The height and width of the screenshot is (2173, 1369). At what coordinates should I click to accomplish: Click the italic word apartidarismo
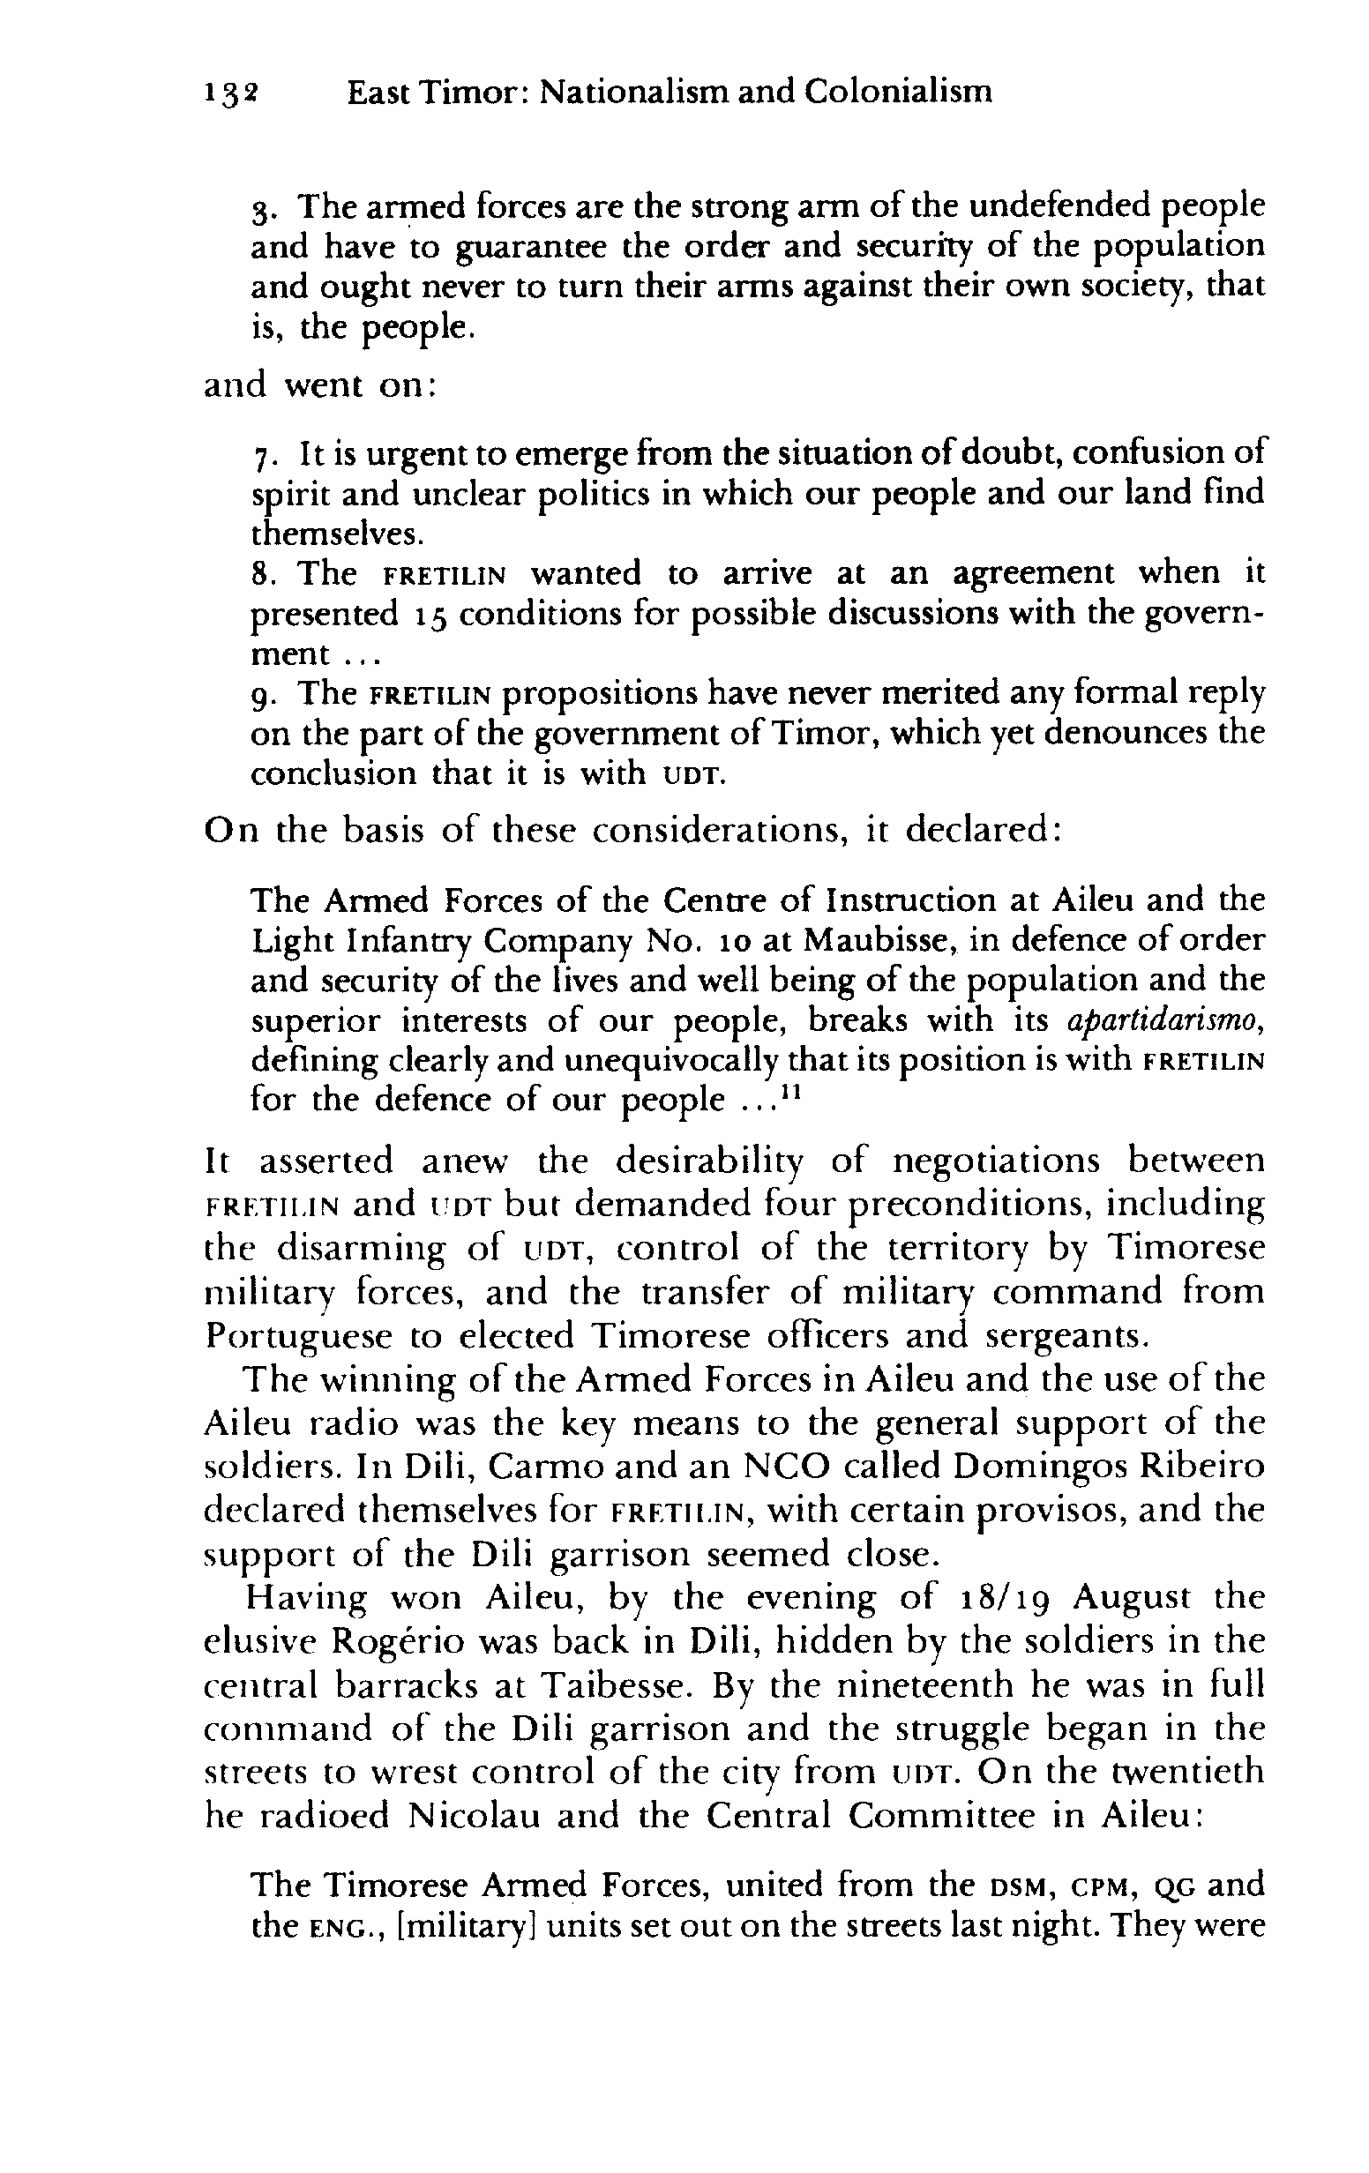(1165, 1020)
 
